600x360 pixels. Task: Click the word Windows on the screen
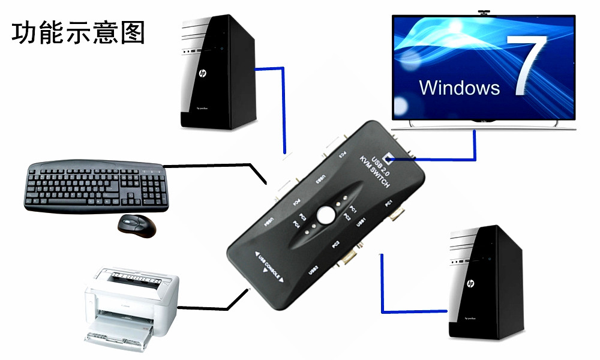(459, 88)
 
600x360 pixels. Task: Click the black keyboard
(96, 185)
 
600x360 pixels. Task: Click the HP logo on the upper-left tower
(203, 74)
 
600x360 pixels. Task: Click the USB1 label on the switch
(361, 223)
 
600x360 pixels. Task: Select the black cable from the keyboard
(216, 165)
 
